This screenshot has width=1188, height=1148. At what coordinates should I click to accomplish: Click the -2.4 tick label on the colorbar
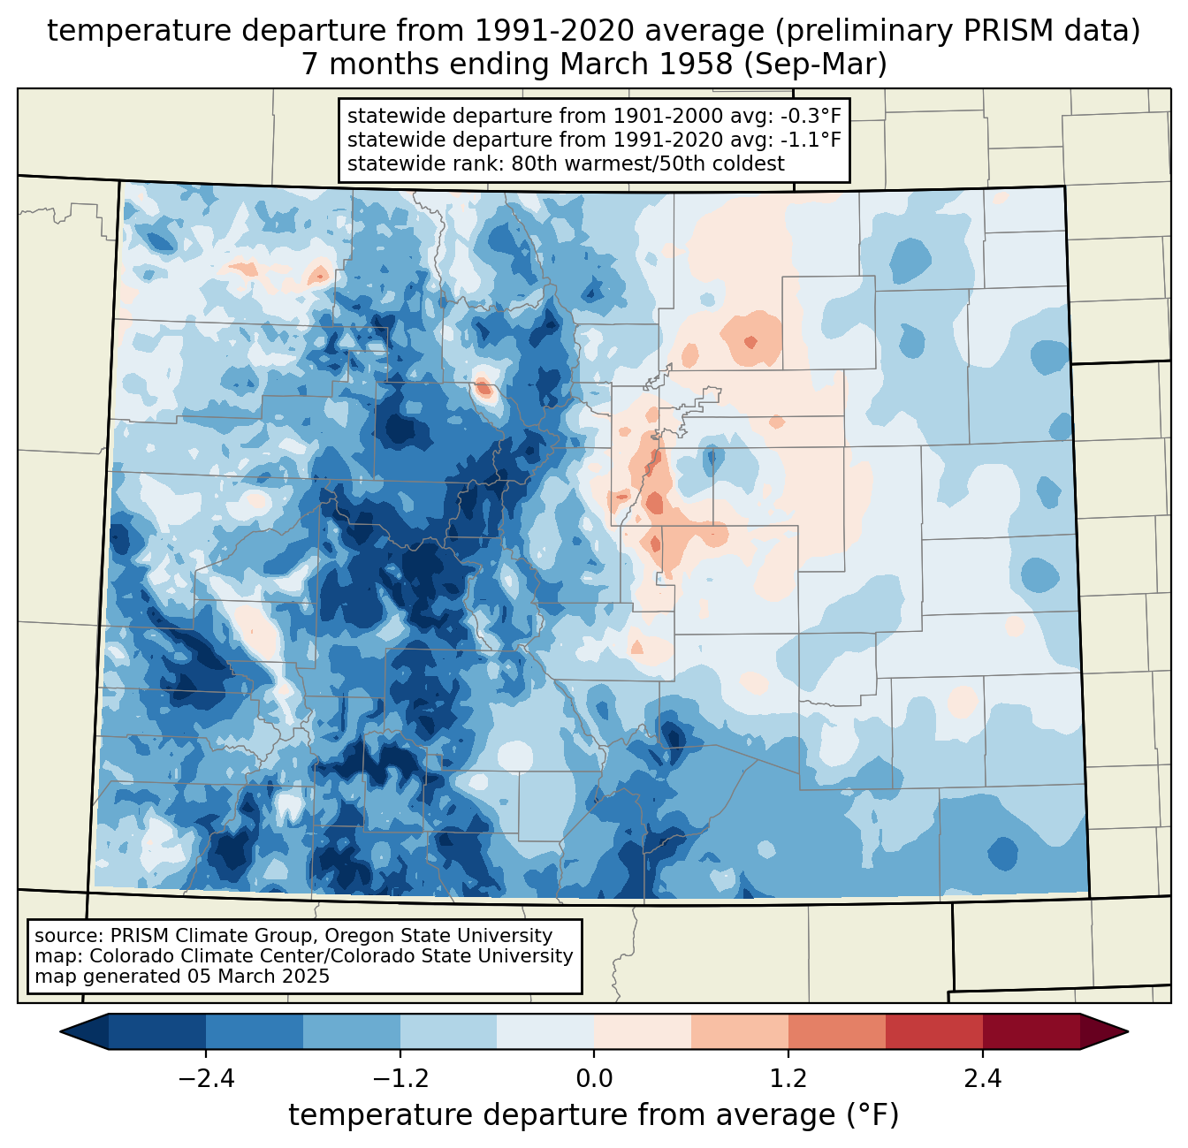click(x=206, y=1079)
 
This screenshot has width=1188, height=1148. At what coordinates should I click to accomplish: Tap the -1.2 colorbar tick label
click(x=400, y=1079)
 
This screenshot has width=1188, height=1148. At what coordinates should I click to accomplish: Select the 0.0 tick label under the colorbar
click(x=594, y=1079)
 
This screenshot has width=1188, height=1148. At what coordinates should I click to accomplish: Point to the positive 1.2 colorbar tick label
click(x=788, y=1079)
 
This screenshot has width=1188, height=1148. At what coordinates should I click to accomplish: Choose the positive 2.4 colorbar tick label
click(x=983, y=1079)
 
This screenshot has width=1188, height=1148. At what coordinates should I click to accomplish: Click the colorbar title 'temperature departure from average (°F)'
click(x=594, y=1115)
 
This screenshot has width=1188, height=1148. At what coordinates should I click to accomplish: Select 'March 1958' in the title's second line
click(x=646, y=65)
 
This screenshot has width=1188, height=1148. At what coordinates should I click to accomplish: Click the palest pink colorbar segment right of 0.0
click(x=643, y=1031)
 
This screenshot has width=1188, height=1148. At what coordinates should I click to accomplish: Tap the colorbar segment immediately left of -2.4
click(x=157, y=1031)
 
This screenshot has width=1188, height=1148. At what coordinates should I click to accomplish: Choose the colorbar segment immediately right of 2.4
click(x=1032, y=1031)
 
